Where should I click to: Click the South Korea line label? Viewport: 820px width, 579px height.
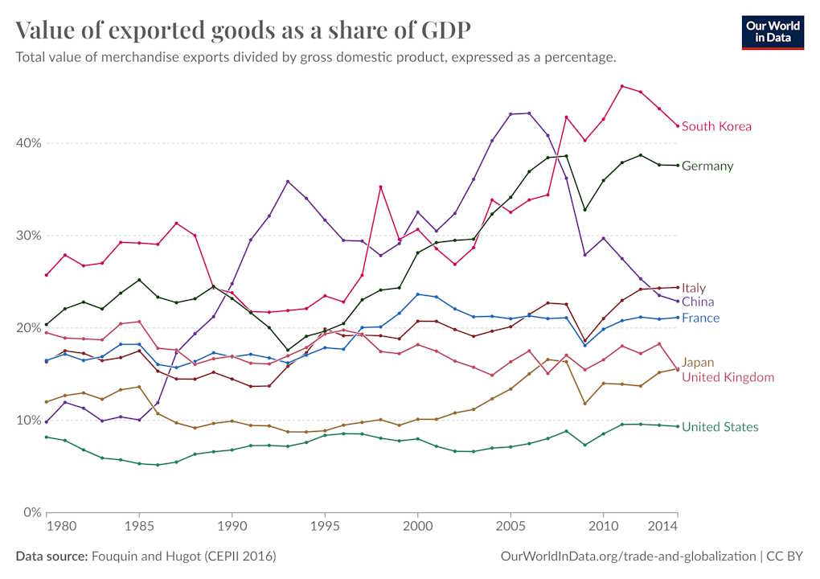point(716,126)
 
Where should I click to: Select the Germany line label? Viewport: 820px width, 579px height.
point(707,166)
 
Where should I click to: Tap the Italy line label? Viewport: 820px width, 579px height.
point(694,288)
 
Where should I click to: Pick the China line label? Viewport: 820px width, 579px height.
point(696,302)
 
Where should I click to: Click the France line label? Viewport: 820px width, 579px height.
point(700,318)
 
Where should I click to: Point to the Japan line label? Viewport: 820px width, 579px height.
point(698,363)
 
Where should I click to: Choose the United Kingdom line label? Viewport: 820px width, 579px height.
point(728,377)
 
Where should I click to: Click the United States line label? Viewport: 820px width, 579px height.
point(720,427)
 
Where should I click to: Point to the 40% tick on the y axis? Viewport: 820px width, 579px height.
point(30,143)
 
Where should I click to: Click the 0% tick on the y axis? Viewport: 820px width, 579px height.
point(33,512)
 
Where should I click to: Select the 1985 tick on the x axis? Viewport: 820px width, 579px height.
point(139,527)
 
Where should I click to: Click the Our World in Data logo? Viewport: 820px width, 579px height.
point(773,31)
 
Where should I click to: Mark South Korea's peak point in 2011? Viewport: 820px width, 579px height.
point(622,86)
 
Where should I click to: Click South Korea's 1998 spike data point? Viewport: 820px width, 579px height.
point(381,187)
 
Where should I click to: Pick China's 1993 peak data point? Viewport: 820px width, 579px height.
point(288,182)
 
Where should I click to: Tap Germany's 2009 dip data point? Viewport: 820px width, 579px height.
point(585,210)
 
